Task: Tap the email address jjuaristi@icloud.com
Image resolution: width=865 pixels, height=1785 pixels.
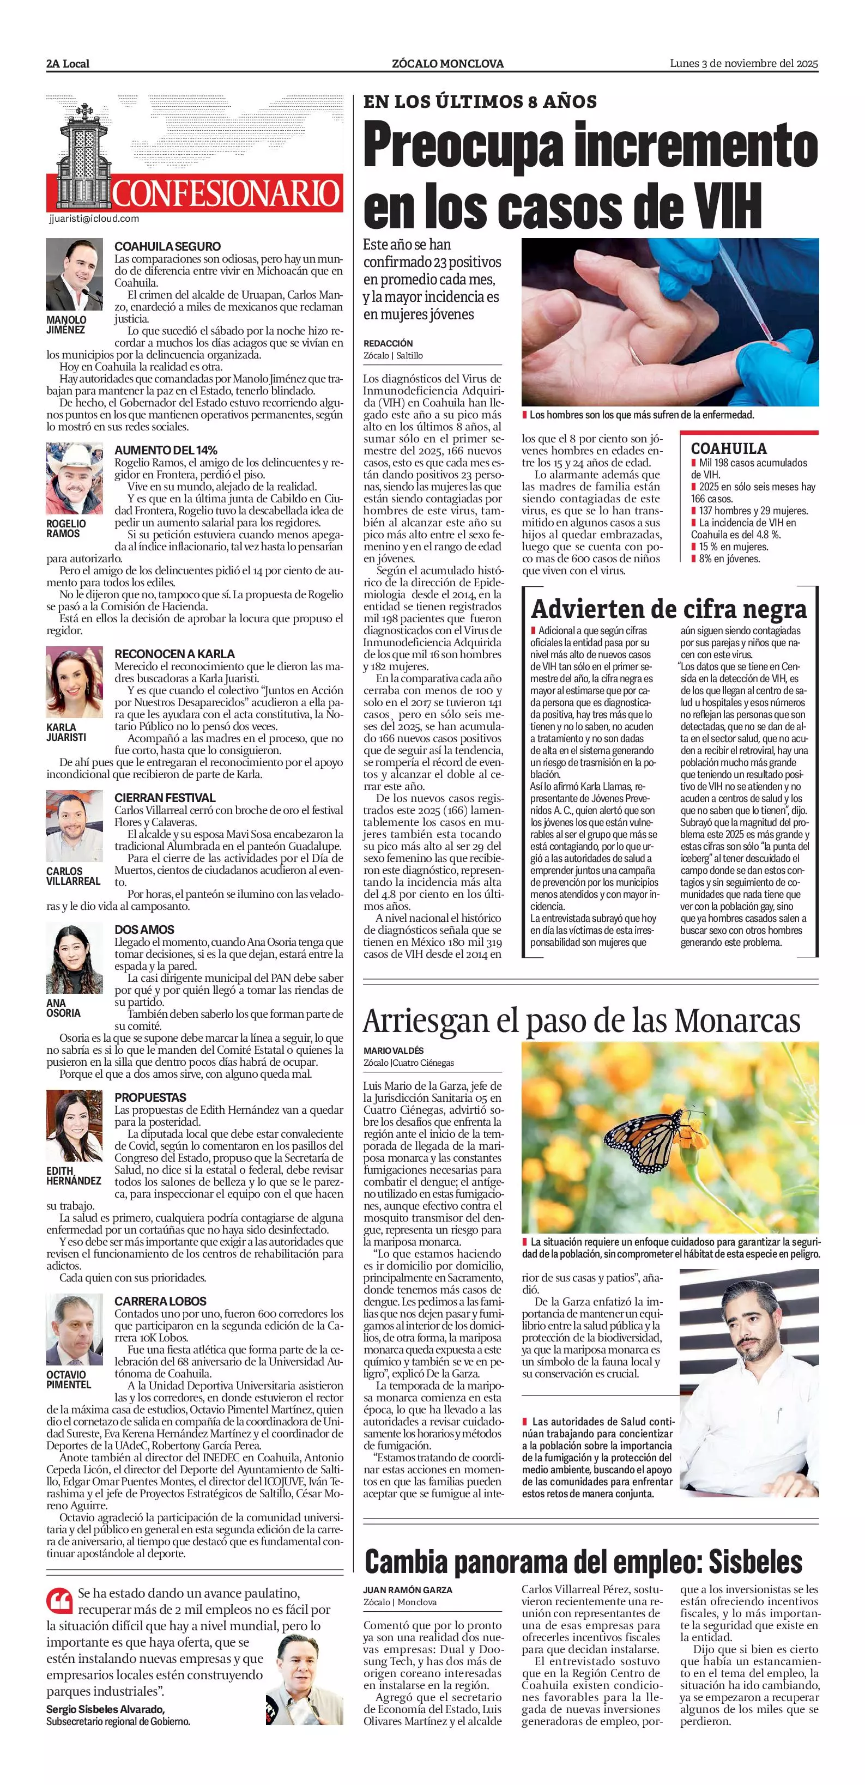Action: point(94,218)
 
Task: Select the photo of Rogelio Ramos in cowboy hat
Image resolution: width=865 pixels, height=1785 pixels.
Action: point(74,478)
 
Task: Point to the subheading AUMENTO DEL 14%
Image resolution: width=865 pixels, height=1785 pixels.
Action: point(166,450)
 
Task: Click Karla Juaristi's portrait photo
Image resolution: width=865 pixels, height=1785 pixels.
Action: point(74,682)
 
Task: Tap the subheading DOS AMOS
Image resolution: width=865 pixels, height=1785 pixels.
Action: point(144,929)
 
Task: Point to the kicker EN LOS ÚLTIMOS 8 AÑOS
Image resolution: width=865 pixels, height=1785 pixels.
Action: point(480,102)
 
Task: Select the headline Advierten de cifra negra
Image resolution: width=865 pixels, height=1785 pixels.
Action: point(669,609)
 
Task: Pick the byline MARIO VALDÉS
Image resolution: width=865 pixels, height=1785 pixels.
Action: point(393,1051)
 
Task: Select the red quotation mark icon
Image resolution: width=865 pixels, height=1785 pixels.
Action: point(59,1601)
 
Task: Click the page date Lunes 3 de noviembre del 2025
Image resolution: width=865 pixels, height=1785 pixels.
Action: point(743,63)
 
